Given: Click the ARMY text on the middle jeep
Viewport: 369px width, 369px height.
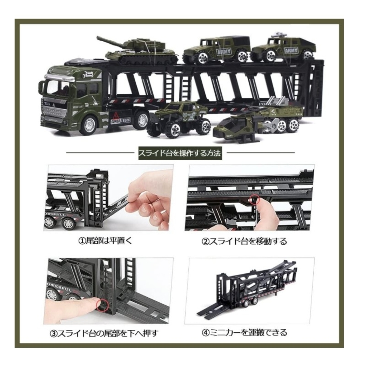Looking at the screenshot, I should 224,52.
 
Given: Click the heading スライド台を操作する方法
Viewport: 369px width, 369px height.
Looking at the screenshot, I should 180,153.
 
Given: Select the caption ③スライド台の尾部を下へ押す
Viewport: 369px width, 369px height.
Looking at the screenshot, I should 104,333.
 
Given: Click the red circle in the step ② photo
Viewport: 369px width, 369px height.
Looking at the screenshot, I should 254,199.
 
